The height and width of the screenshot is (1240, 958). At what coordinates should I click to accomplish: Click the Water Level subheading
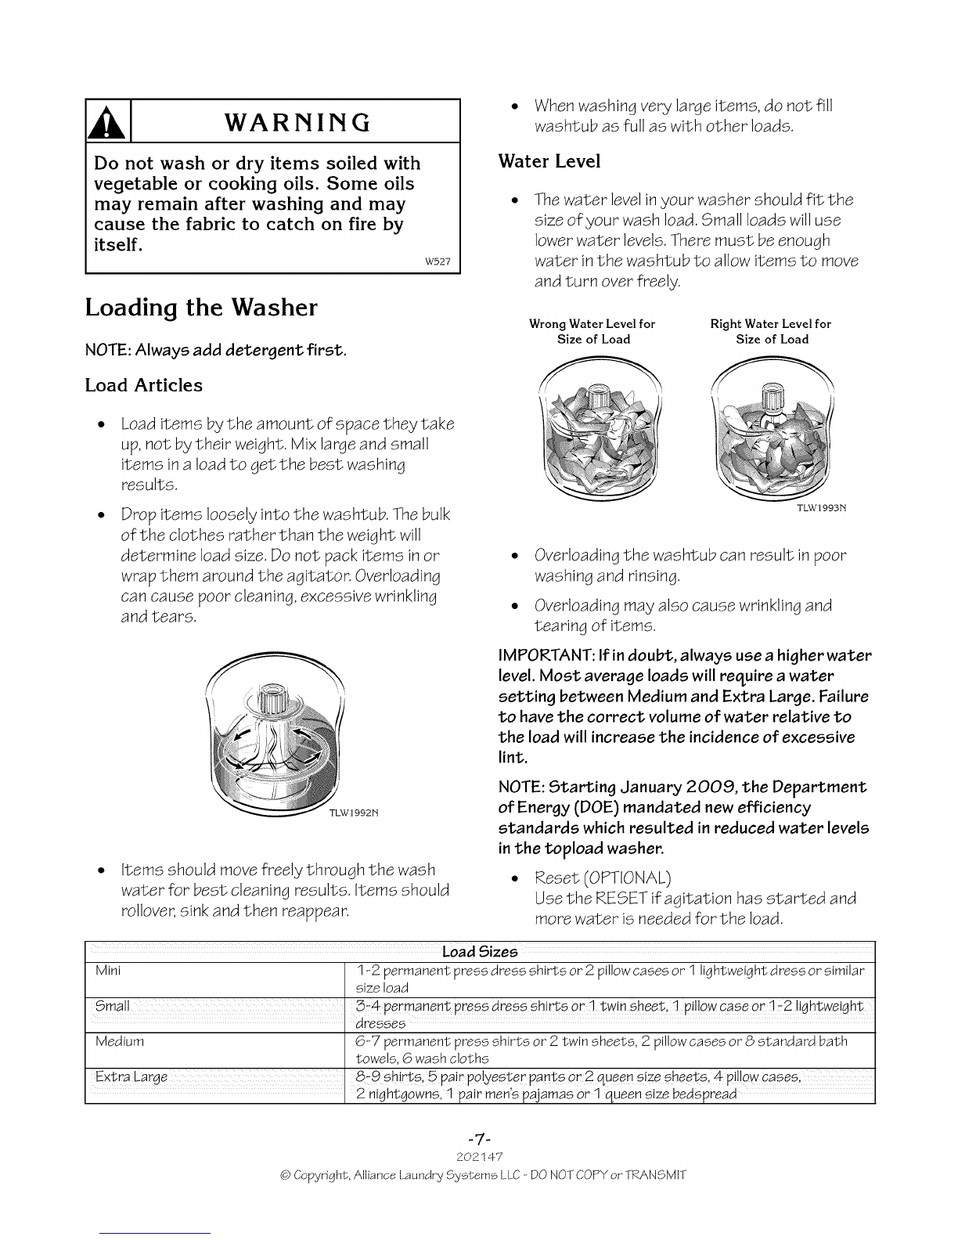[549, 161]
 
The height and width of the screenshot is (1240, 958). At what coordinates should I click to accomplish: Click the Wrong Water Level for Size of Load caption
[592, 332]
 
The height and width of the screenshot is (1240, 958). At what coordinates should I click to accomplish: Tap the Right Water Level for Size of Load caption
[771, 332]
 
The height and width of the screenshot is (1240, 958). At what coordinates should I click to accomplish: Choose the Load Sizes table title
[480, 952]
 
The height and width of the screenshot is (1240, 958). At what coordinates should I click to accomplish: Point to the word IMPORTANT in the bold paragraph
[546, 654]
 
